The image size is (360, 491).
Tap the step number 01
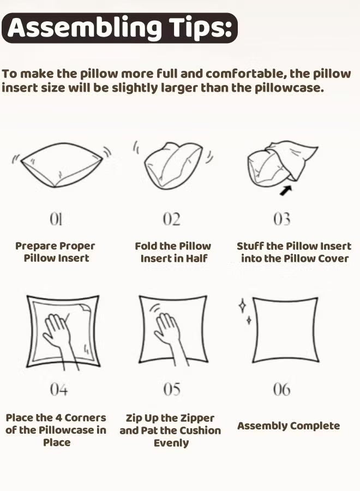pyautogui.click(x=56, y=219)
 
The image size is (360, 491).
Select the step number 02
pyautogui.click(x=171, y=219)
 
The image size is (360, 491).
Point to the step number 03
pyautogui.click(x=281, y=219)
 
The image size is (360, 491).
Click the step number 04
pyautogui.click(x=58, y=389)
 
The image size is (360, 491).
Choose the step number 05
pyautogui.click(x=172, y=389)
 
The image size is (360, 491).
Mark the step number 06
pyautogui.click(x=281, y=389)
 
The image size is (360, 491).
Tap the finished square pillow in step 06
pyautogui.click(x=285, y=330)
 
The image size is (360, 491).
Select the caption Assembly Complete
pyautogui.click(x=288, y=426)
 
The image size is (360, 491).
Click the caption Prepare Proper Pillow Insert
pyautogui.click(x=56, y=252)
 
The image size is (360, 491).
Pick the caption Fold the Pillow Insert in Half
pyautogui.click(x=173, y=252)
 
